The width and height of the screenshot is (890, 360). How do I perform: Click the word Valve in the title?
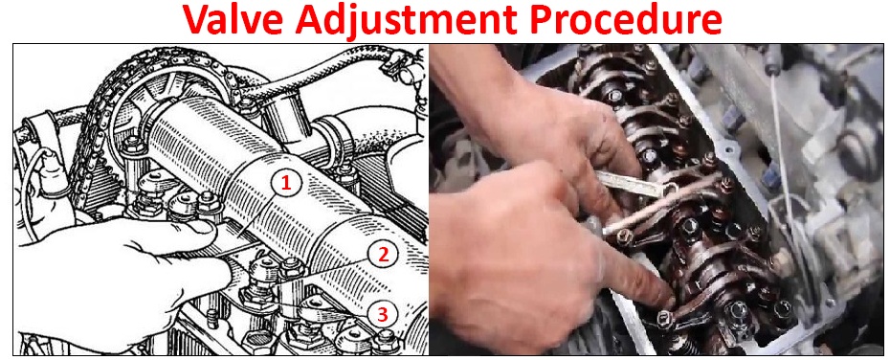tap(234, 19)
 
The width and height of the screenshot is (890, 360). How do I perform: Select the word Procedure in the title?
tap(624, 19)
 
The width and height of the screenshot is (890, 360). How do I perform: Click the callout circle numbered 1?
tap(286, 183)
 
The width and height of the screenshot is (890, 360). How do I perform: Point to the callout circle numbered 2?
tap(383, 255)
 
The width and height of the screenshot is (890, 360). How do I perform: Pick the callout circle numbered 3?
tap(383, 313)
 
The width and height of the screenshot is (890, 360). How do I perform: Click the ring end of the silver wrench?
tap(670, 189)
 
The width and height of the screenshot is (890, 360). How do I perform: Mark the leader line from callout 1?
tap(258, 216)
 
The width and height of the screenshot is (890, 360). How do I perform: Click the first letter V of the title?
tap(196, 19)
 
